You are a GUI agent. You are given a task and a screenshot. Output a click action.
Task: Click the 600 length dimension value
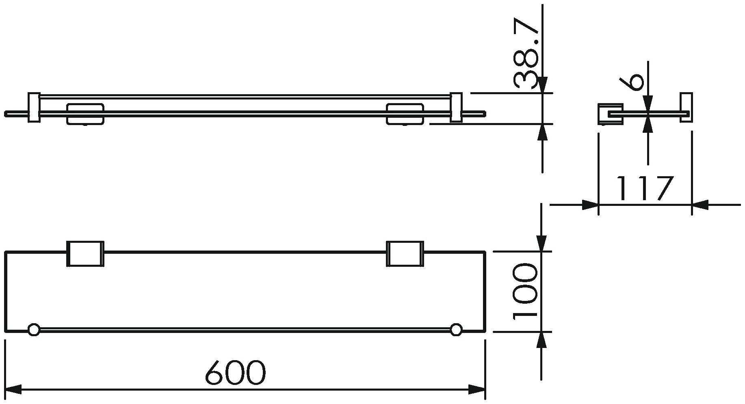point(236,373)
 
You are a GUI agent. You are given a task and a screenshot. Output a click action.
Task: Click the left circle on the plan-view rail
point(34,330)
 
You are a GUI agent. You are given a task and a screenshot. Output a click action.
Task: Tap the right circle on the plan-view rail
point(456,330)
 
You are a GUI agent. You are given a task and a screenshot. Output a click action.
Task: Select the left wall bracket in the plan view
point(85,254)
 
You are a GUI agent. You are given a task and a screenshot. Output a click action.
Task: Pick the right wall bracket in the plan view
point(405,254)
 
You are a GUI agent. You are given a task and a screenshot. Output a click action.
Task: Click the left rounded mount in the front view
point(85,114)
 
